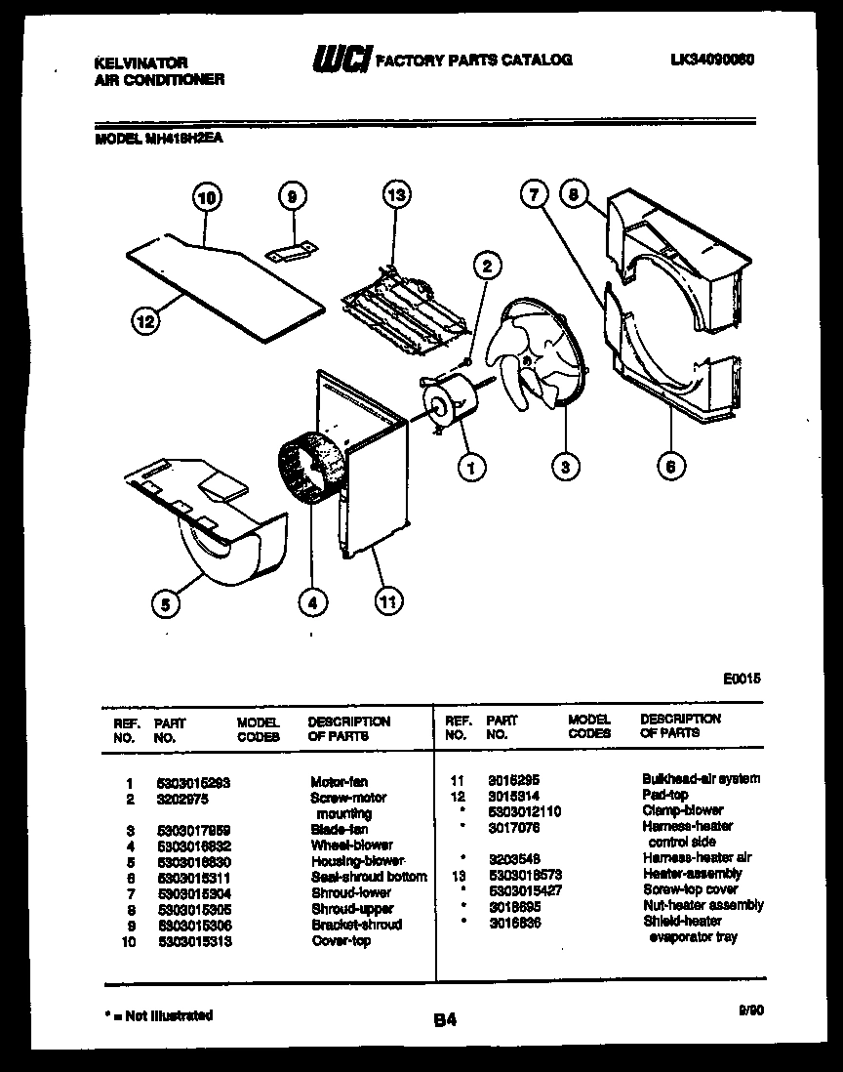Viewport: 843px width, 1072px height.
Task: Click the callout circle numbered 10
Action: (205, 198)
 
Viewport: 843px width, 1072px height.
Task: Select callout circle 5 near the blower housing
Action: (166, 605)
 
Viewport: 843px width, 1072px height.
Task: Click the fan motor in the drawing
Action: (450, 402)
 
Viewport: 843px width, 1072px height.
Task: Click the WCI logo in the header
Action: (341, 61)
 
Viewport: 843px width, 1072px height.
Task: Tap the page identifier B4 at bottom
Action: (444, 1020)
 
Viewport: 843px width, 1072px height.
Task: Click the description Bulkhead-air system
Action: (701, 779)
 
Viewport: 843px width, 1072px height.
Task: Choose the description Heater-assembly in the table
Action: (692, 874)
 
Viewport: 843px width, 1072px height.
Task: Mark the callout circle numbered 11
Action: (388, 602)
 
